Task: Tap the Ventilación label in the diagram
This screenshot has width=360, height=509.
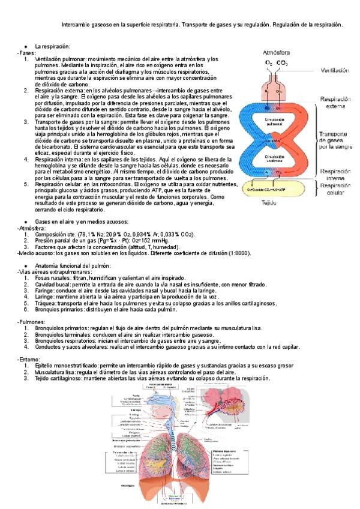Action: point(334,70)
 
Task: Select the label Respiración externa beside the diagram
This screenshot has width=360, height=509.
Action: point(335,102)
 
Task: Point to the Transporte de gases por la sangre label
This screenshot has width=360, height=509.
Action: point(335,140)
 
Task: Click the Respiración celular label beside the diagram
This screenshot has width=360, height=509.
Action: point(335,190)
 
